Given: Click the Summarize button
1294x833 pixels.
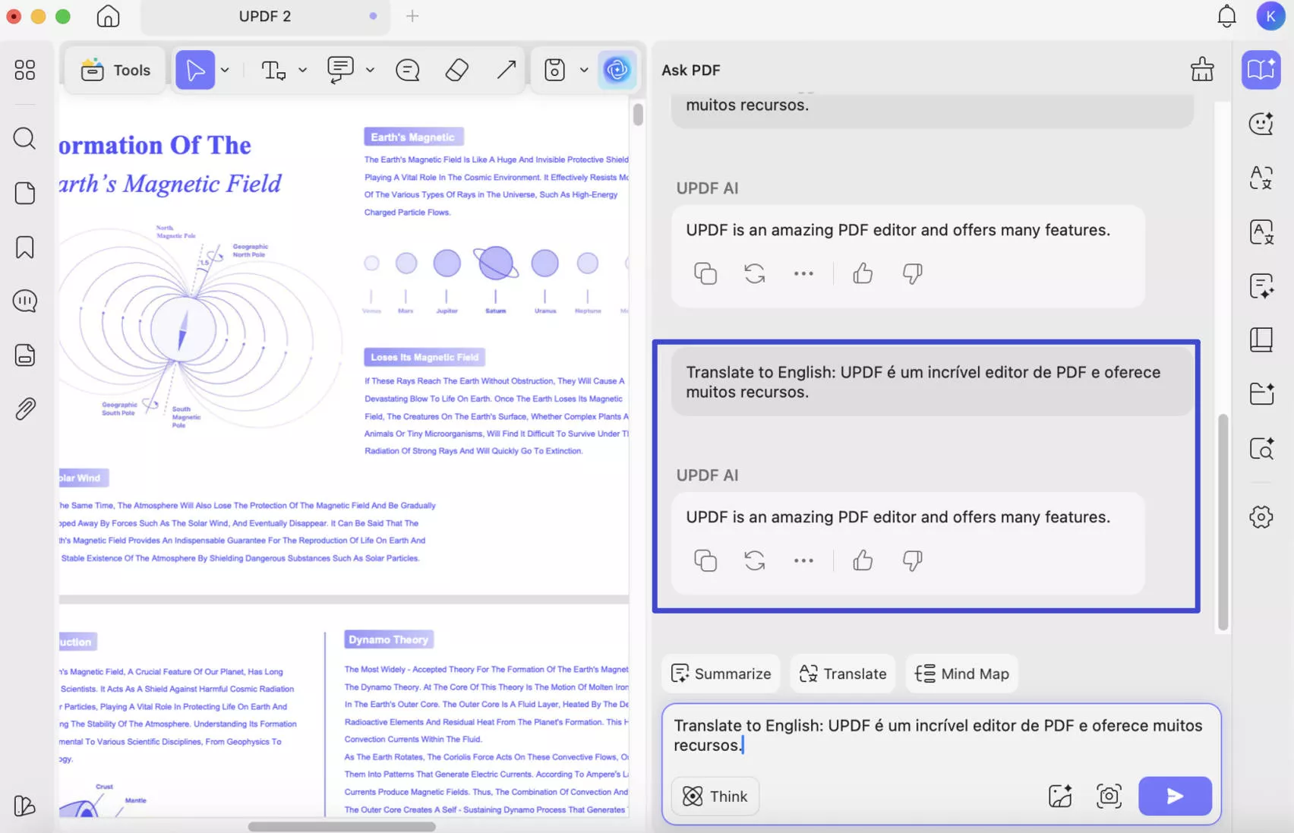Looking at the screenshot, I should point(721,674).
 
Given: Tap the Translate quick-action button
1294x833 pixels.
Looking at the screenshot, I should point(843,674).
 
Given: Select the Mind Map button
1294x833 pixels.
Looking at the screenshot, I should point(961,674).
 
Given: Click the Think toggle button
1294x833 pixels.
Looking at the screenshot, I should point(715,796).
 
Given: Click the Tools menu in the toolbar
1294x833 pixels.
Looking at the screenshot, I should point(115,70).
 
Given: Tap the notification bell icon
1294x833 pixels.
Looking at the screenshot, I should point(1226,16).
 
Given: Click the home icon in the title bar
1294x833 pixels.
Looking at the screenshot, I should point(108,16).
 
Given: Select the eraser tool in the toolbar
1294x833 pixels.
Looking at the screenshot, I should point(456,70).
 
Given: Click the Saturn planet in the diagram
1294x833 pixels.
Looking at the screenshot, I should point(496,263).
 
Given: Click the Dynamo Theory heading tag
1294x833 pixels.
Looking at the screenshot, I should point(389,639).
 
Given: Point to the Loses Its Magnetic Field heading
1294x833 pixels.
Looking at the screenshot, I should point(424,357).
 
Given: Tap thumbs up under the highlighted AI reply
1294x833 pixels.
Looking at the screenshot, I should point(863,560).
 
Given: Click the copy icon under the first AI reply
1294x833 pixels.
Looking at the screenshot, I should point(705,273).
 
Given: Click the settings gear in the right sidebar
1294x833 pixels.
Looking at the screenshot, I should point(1261,517).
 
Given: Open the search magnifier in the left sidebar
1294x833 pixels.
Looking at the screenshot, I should point(24,138).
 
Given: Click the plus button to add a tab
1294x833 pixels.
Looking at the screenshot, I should point(412,16).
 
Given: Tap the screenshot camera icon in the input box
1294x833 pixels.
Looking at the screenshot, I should point(1109,796).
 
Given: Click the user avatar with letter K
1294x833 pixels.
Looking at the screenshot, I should point(1270,16).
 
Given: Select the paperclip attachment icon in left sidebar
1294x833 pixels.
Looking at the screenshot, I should point(25,409).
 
